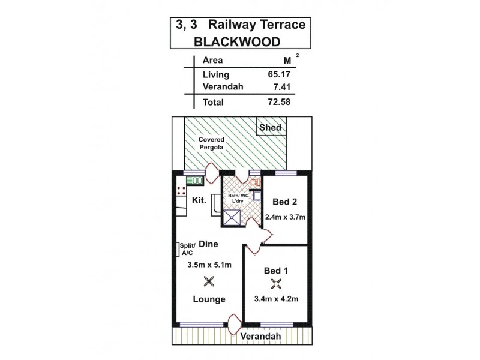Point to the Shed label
coord(269,127)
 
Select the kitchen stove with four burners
coord(181,191)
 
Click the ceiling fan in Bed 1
coord(277,284)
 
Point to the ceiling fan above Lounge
coord(209,281)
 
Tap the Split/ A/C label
coord(186,250)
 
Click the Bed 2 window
coord(286,173)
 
